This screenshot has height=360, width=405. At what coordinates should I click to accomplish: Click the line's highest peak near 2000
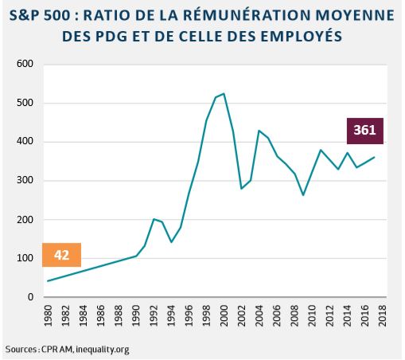click(224, 93)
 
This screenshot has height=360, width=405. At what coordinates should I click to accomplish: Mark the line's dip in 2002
click(241, 189)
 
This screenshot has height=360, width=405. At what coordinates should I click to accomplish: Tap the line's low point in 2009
click(303, 195)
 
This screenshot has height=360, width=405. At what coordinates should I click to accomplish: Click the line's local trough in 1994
click(171, 242)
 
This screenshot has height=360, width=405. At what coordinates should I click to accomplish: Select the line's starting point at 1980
click(49, 281)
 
